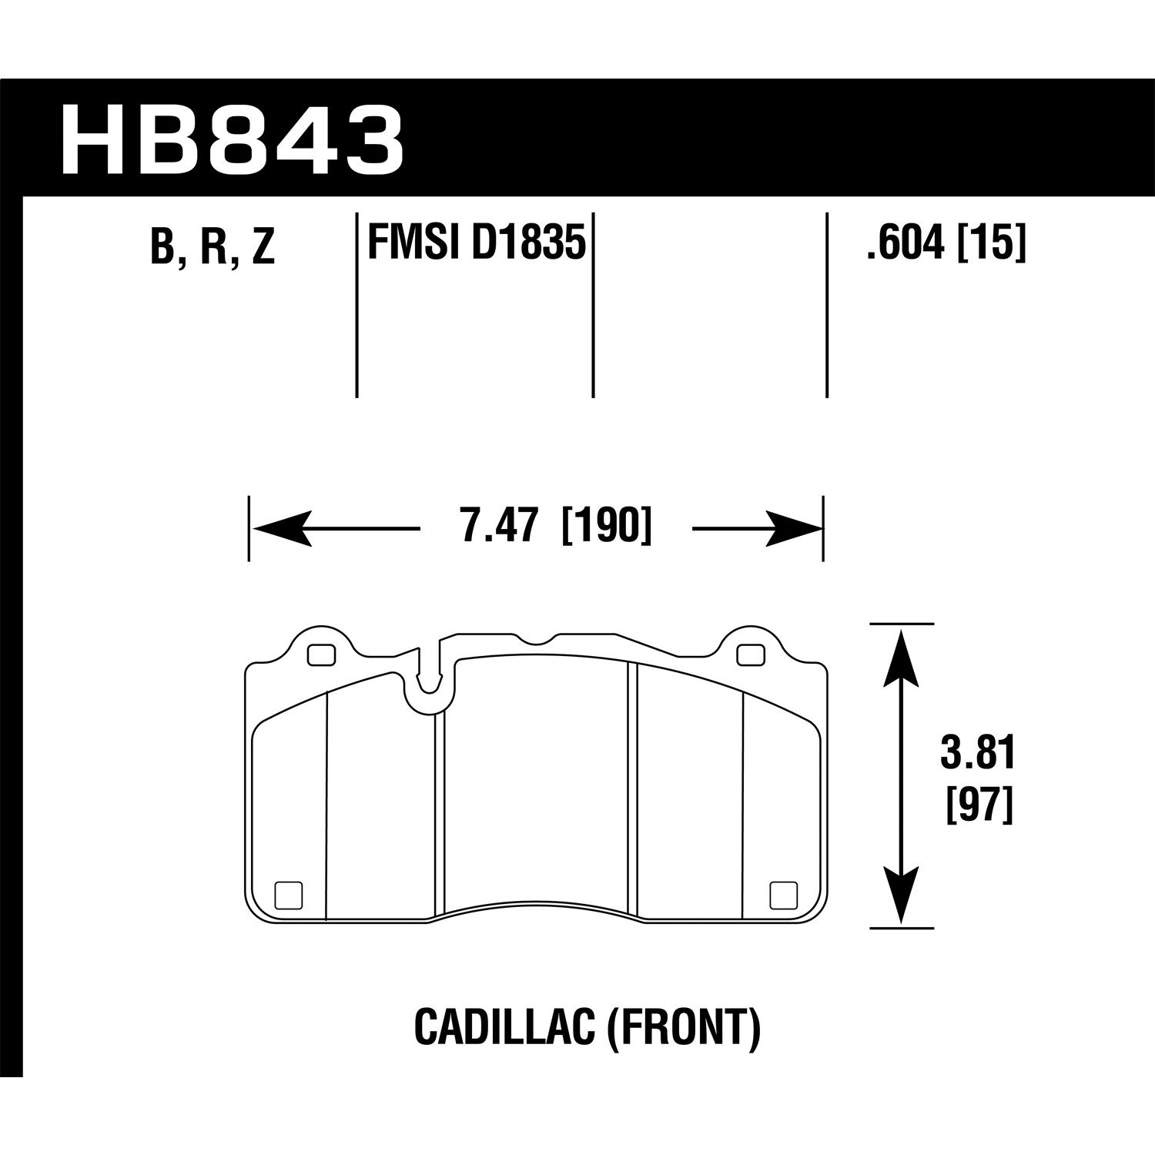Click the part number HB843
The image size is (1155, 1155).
[x=231, y=140]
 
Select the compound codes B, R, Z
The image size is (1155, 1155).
[x=213, y=246]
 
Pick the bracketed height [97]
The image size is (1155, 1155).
[x=977, y=808]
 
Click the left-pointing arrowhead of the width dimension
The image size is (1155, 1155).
[x=282, y=528]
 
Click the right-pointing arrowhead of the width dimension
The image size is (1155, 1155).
[x=793, y=528]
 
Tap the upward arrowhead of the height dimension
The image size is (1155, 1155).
[x=900, y=654]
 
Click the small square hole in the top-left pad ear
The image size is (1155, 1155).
[x=321, y=654]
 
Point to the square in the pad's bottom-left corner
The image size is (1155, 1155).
[x=288, y=894]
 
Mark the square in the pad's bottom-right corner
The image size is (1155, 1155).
[x=784, y=894]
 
